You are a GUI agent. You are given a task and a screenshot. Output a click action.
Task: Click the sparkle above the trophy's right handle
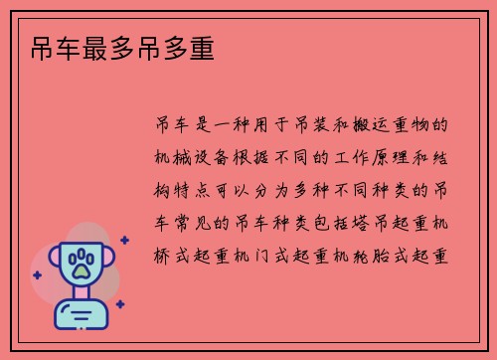pos(123,240)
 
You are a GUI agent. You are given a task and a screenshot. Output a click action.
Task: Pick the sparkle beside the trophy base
pos(119,303)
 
